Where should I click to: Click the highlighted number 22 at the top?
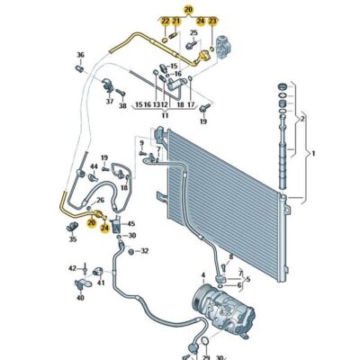(x=165, y=19)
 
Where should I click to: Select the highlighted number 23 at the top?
(x=211, y=19)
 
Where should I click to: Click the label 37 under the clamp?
(x=110, y=102)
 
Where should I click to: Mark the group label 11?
(x=165, y=115)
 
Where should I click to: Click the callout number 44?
(x=94, y=167)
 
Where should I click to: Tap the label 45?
(x=130, y=223)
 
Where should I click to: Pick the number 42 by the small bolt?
(x=73, y=267)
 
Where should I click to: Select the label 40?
(x=78, y=295)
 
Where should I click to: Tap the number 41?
(x=101, y=283)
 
